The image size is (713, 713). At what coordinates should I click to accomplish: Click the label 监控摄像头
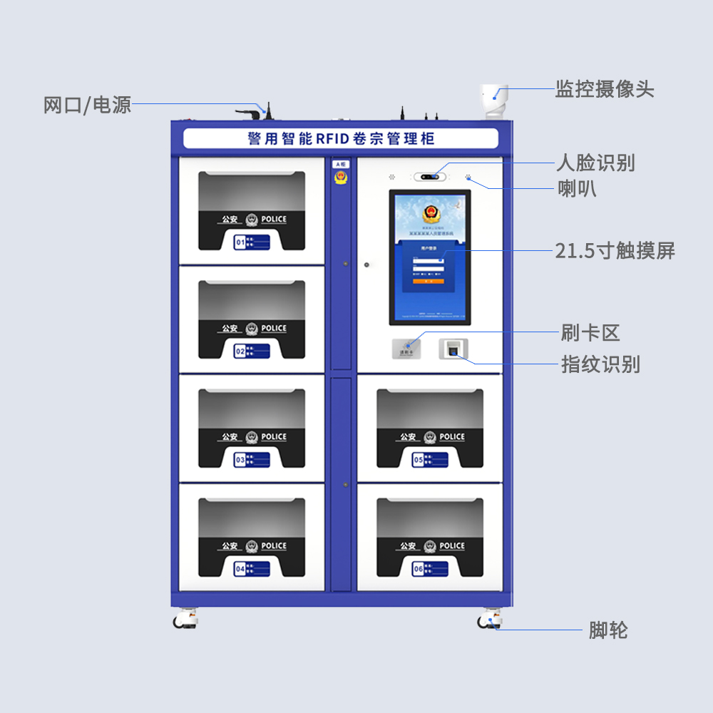click(x=605, y=89)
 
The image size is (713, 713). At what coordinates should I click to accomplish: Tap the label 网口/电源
click(x=88, y=106)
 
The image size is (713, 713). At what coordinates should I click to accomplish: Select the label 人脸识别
click(x=595, y=163)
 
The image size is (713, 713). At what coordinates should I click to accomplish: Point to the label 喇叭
click(x=577, y=189)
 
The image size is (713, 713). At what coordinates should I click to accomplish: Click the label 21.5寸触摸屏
click(x=615, y=251)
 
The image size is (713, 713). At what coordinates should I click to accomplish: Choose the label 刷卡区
click(x=590, y=333)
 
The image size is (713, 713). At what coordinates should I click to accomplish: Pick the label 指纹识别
click(x=600, y=365)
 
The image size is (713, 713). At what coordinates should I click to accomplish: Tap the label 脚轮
click(x=608, y=630)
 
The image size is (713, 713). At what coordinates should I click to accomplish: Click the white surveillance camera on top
click(x=494, y=100)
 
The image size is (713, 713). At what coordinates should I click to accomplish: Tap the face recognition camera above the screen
click(x=430, y=176)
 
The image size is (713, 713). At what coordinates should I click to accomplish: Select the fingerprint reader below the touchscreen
click(x=453, y=349)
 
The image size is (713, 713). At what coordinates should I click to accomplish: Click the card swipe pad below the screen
click(x=406, y=349)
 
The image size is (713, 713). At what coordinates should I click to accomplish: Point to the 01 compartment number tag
click(x=252, y=242)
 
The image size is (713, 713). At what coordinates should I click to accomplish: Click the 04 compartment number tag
click(x=252, y=569)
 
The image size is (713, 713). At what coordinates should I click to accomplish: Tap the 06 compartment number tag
click(x=430, y=569)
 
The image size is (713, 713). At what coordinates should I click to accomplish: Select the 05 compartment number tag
click(x=430, y=460)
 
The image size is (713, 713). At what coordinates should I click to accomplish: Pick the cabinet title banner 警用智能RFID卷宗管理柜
click(x=341, y=138)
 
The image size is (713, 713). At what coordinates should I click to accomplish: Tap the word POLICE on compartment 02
click(x=274, y=329)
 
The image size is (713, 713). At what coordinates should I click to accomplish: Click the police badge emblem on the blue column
click(x=342, y=178)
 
